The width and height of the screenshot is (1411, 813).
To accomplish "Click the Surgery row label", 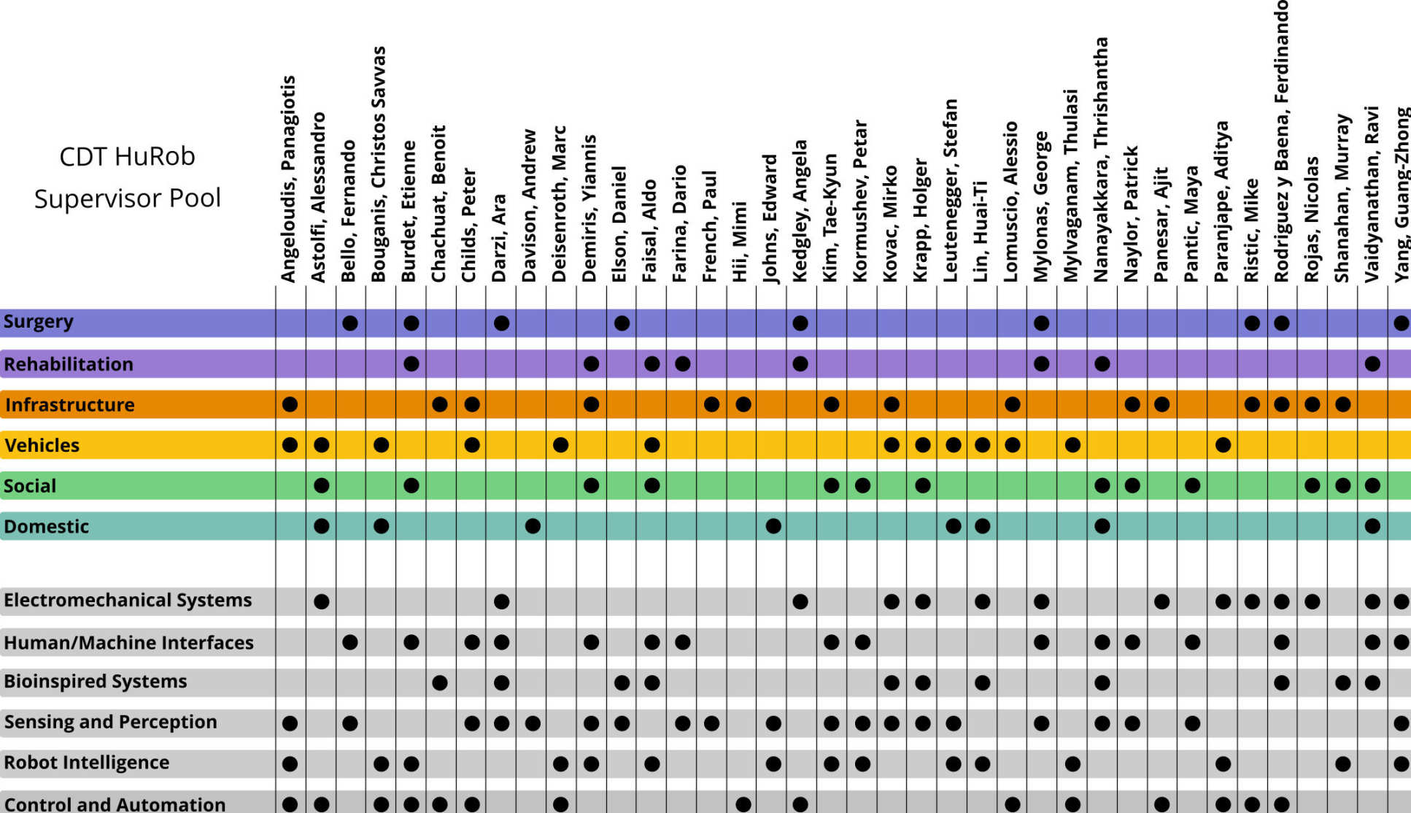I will coord(39,322).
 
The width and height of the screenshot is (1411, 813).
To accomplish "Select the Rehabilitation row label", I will coord(69,364).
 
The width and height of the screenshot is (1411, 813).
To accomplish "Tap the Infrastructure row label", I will coord(70,405).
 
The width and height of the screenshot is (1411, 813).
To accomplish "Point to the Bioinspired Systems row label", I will coord(96,682).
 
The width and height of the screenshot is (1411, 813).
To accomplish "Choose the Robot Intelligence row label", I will coord(87,763).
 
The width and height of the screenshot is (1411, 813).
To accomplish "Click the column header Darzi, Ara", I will coord(499,238).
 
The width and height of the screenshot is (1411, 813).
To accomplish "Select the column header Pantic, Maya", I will coord(1191,224).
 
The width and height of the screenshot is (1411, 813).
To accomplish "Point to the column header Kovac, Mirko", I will coord(890,223).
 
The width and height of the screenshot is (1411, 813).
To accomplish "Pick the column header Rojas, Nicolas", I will coord(1312,219).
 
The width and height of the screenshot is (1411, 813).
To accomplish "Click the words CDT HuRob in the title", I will coord(127,157).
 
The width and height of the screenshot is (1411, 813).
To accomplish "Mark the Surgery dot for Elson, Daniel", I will coord(622,323).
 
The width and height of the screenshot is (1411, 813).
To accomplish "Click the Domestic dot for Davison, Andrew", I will coord(533,526).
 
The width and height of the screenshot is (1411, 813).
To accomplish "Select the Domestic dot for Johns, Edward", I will coord(773,526).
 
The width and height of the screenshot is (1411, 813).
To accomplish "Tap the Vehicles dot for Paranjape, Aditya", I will coord(1223,445).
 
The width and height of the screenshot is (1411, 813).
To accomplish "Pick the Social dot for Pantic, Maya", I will coord(1192,485).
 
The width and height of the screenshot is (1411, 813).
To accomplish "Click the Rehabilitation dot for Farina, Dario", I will coord(682,363).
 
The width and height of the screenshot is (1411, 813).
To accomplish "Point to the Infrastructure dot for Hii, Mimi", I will coord(743,404).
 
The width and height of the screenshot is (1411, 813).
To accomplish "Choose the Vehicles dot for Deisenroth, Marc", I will coord(560,445).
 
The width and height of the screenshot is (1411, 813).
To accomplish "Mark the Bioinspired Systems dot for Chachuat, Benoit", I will coord(439,683).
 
